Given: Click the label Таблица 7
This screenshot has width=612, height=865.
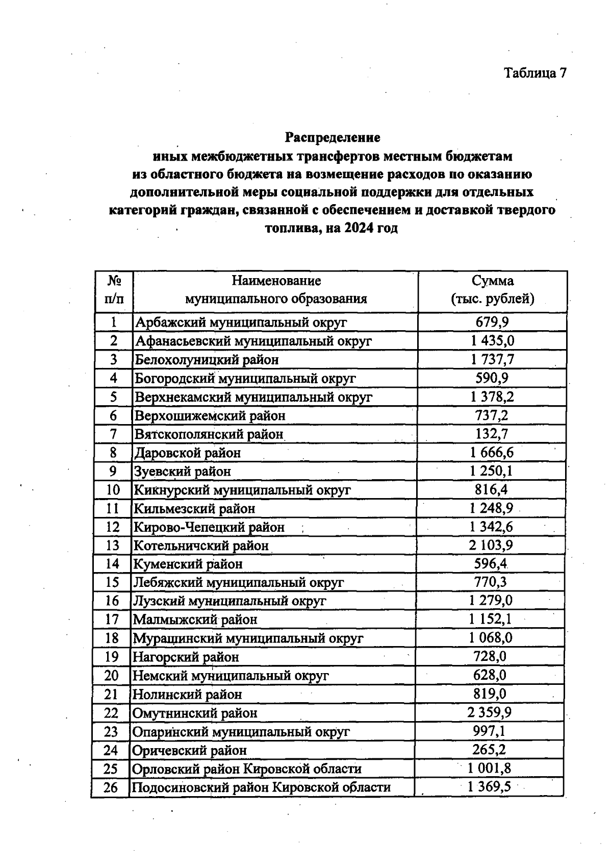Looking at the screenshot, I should coord(535,73).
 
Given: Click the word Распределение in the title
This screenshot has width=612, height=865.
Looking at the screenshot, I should coord(332,138).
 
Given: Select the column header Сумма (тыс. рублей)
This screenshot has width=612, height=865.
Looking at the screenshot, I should coord(492,290).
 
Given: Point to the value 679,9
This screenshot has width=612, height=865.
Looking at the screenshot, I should coord(492,322).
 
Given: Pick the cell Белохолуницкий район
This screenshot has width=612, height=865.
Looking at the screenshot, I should coord(207,360).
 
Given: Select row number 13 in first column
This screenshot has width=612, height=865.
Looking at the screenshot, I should coord(113,546).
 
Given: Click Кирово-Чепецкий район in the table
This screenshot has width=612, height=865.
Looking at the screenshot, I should coord(209,527).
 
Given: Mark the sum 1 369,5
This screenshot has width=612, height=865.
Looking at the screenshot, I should coord(490,787).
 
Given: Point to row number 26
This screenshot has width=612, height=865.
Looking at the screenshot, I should coord(111,787).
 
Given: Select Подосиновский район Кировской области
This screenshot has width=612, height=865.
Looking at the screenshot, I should coord(261,787).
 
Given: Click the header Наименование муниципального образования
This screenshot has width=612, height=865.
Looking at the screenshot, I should coord(276,290).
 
